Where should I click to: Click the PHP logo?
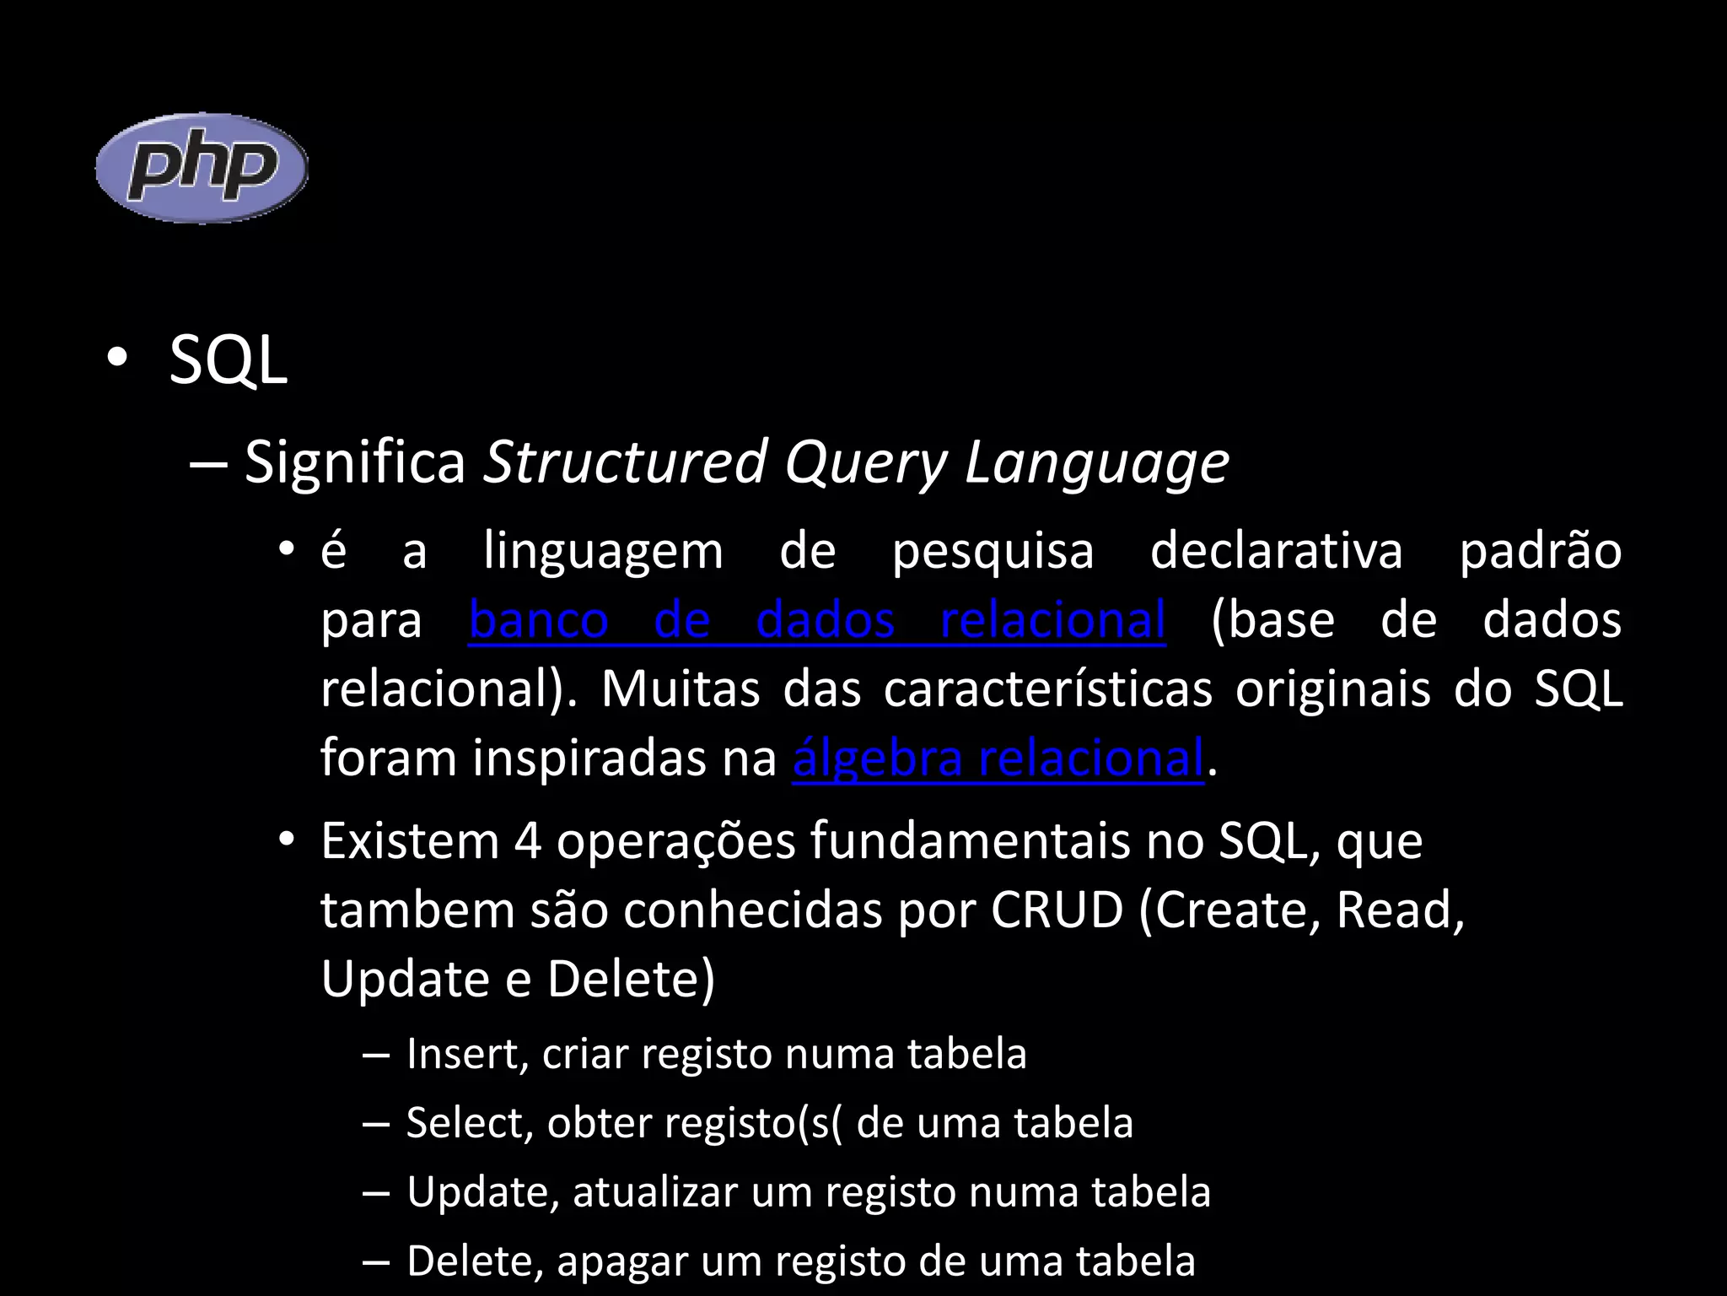pyautogui.click(x=202, y=168)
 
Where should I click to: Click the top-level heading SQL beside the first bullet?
pyautogui.click(x=228, y=361)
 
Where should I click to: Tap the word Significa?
pyautogui.click(x=354, y=462)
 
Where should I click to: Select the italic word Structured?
pyautogui.click(x=625, y=462)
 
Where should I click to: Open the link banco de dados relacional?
pyautogui.click(x=816, y=620)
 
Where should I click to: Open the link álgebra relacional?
pyautogui.click(x=998, y=758)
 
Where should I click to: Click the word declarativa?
pyautogui.click(x=1276, y=552)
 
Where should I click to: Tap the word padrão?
pyautogui.click(x=1540, y=552)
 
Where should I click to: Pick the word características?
pyautogui.click(x=1047, y=689)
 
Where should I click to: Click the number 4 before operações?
pyautogui.click(x=527, y=841)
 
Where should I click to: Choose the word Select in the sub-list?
pyautogui.click(x=466, y=1123)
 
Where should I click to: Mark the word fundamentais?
pyautogui.click(x=970, y=841)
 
